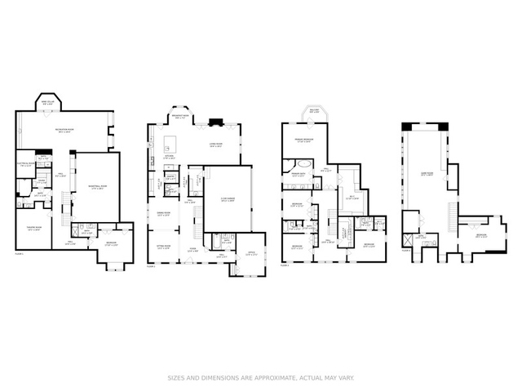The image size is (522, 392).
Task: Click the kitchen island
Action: (x=175, y=146)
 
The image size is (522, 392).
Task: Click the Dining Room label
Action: (x=163, y=214)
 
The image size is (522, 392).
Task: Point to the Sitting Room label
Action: (x=163, y=245)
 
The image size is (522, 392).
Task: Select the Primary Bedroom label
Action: (x=305, y=140)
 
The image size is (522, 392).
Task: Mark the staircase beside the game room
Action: (x=450, y=215)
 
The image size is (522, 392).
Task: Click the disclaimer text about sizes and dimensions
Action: (x=260, y=378)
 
